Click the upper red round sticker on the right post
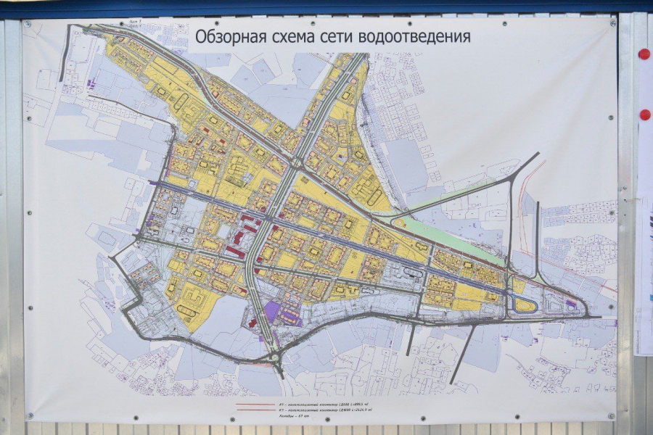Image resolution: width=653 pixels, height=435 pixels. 644,54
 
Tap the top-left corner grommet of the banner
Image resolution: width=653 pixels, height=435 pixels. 28,24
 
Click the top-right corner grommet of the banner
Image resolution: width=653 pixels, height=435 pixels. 612,23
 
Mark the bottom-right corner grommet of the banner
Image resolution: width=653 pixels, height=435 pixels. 612,415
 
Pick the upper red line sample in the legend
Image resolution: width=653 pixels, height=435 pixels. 254,402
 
